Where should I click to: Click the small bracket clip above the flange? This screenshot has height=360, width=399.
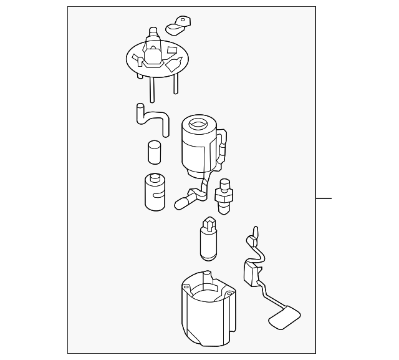coord(178,25)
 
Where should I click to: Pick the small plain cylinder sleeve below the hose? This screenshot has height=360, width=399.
coord(155,153)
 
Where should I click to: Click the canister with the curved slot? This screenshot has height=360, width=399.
coord(153,191)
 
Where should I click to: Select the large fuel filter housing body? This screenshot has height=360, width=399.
coord(198,153)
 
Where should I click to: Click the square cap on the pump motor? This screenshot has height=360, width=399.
coord(209,223)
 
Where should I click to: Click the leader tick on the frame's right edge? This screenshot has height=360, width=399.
coord(324,199)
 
